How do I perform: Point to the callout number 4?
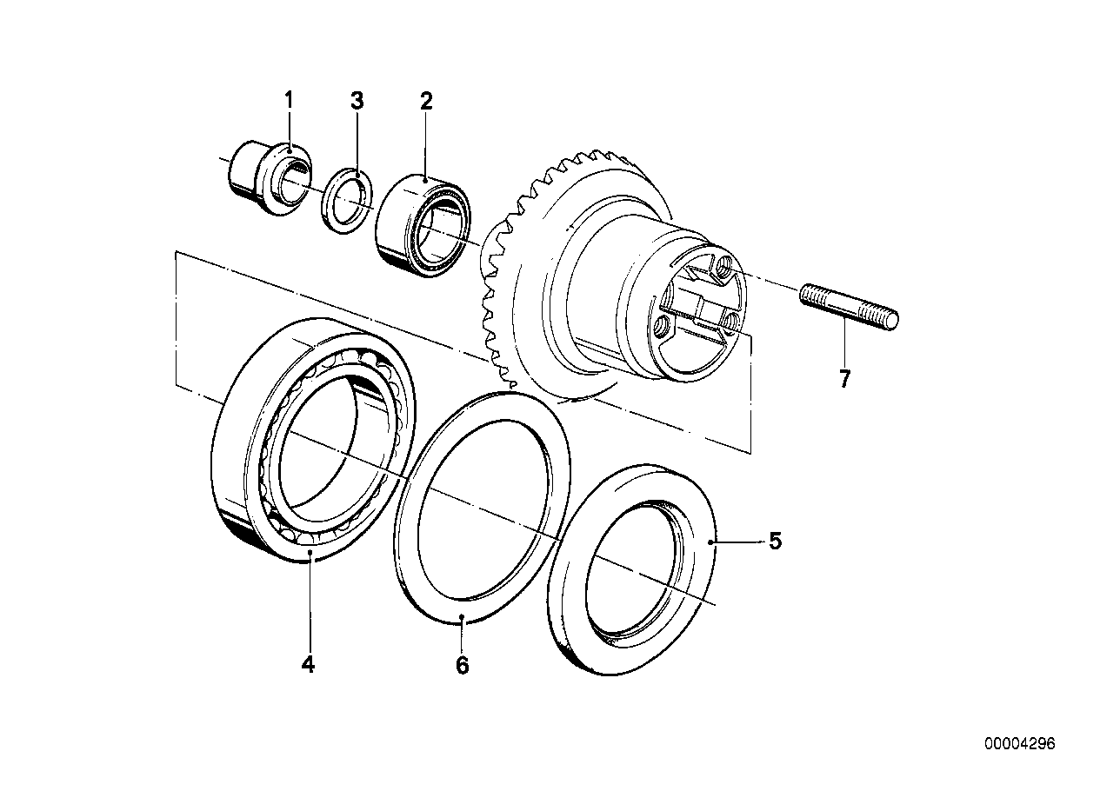(x=308, y=665)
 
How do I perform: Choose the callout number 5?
(x=775, y=542)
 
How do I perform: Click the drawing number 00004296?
(x=1019, y=744)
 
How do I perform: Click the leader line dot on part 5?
(x=711, y=542)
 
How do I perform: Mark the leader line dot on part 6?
(x=463, y=620)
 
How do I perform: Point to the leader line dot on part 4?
(x=310, y=551)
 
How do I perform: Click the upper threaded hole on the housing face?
(x=722, y=272)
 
